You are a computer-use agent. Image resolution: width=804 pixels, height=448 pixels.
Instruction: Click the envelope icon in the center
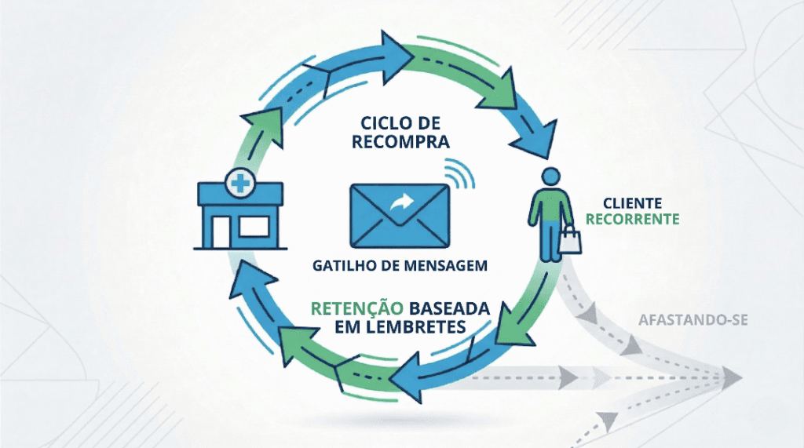pos(397,213)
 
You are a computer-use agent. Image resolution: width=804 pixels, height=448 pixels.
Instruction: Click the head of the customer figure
pos(550,177)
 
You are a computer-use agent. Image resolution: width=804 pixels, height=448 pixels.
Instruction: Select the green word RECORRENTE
pos(632,220)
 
